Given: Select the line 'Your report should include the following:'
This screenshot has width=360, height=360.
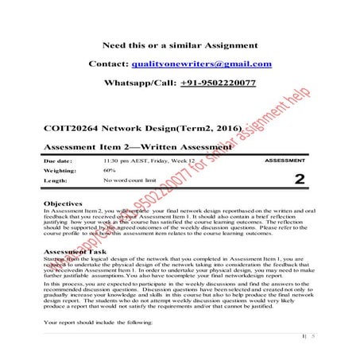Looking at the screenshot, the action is click(95, 324).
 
